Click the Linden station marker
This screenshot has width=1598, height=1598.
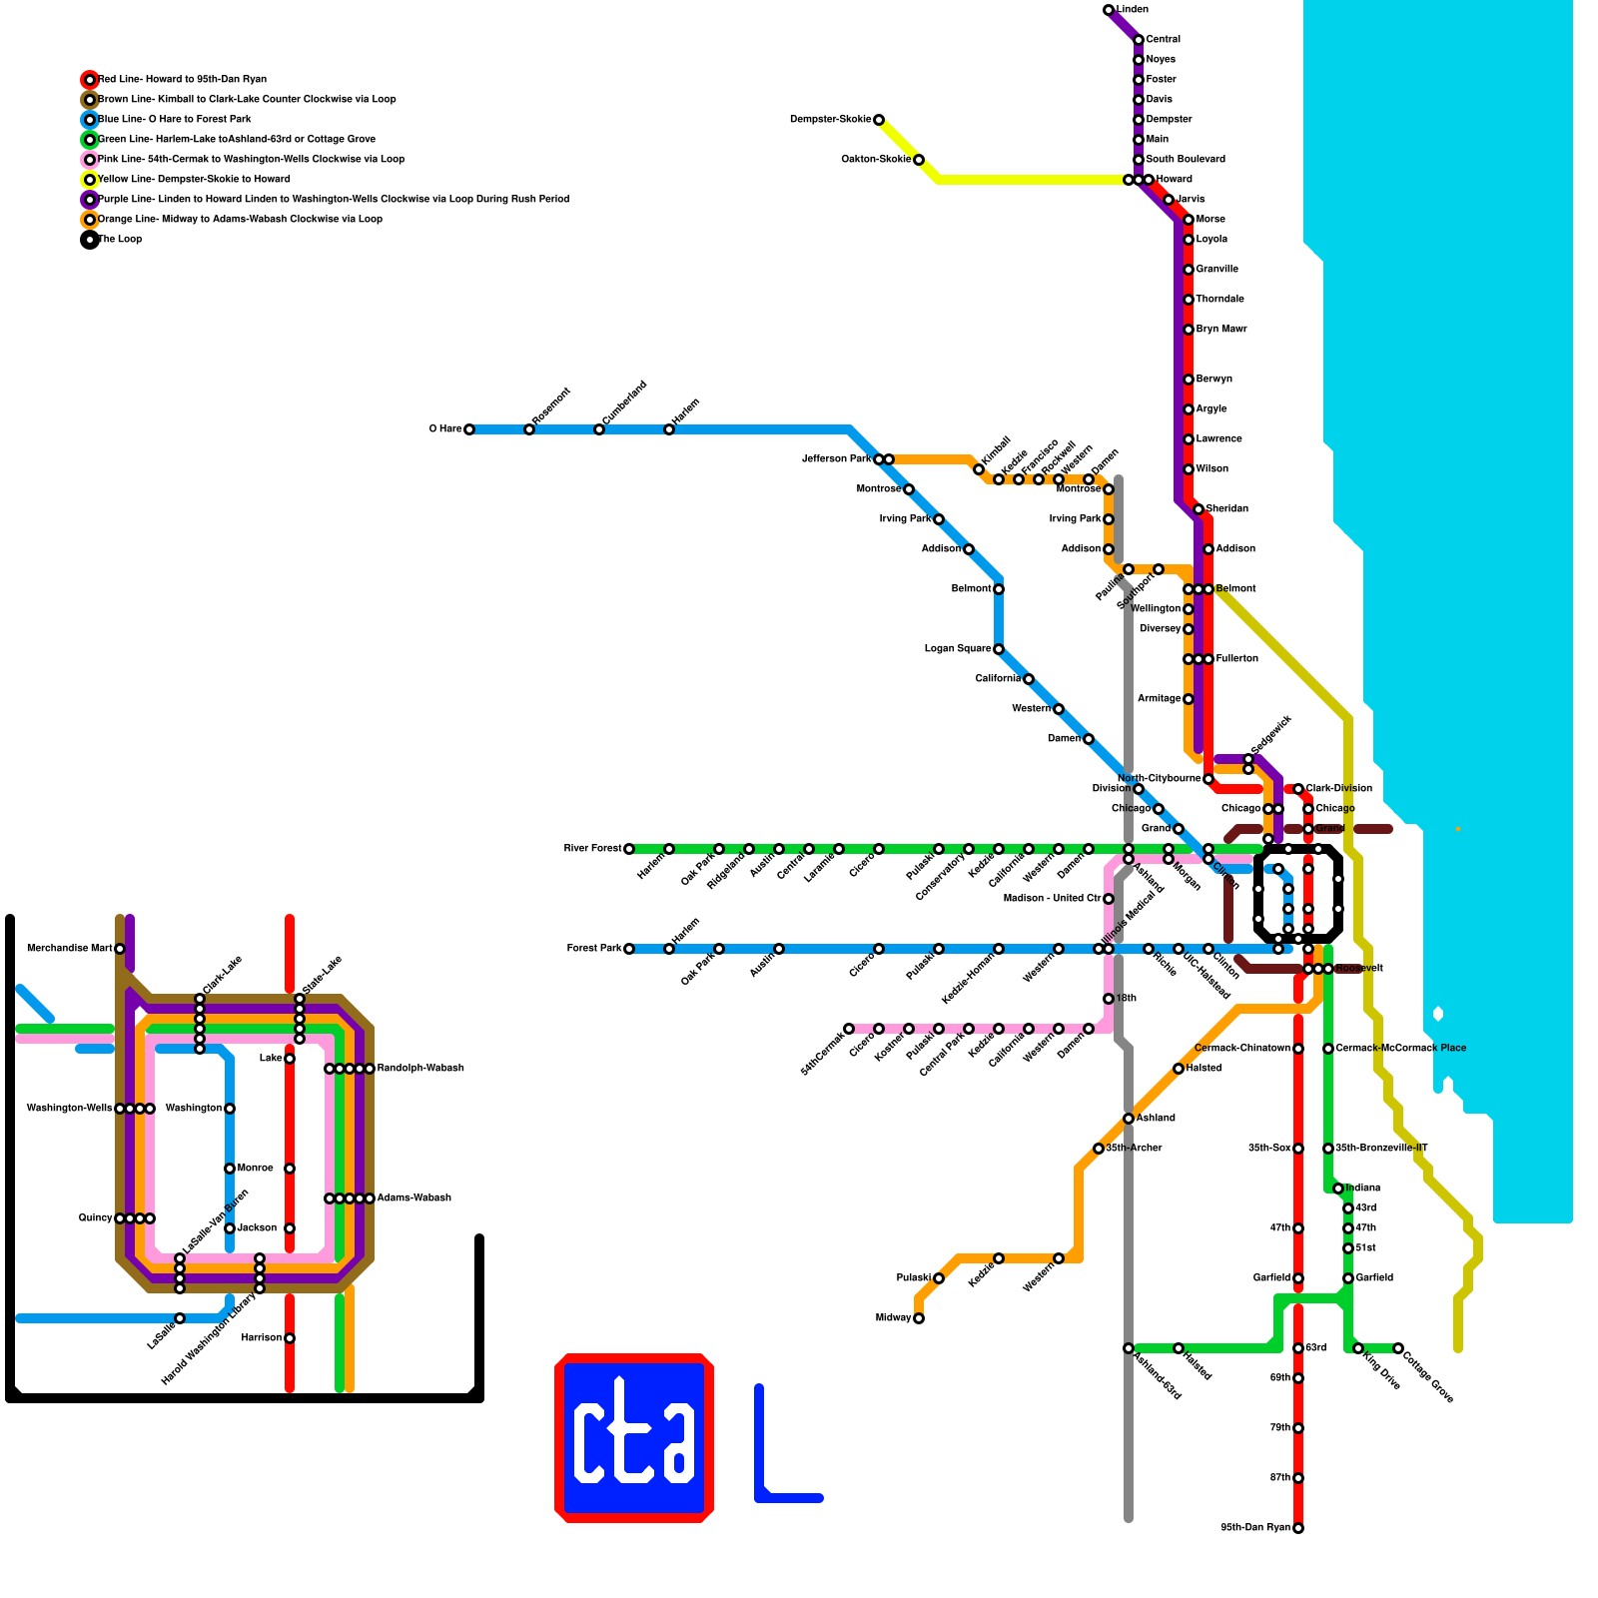[x=1109, y=10]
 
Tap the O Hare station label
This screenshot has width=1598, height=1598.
[x=445, y=429]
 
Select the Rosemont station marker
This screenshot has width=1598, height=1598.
[x=529, y=429]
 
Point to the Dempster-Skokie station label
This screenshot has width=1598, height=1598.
[x=830, y=120]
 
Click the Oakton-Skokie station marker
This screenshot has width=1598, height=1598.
[x=919, y=160]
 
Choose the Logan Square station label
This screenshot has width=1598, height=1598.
[x=958, y=649]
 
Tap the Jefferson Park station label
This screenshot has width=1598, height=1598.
[x=837, y=459]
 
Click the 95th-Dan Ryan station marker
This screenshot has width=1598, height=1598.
[x=1298, y=1528]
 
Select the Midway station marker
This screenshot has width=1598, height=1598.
[x=919, y=1318]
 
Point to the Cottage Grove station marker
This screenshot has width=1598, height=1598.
[x=1398, y=1348]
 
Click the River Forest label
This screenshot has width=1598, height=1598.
[x=592, y=849]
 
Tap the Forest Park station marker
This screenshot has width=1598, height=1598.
[x=629, y=949]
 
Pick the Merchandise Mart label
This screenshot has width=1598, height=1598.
[x=69, y=949]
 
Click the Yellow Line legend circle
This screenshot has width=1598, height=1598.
[x=90, y=180]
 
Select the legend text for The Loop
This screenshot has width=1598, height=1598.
[x=120, y=240]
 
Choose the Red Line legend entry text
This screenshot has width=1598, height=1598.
[x=183, y=80]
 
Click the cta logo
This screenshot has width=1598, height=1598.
[x=634, y=1438]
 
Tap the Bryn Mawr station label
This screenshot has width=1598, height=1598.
[x=1221, y=330]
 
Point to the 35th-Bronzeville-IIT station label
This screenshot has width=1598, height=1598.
[x=1381, y=1149]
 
